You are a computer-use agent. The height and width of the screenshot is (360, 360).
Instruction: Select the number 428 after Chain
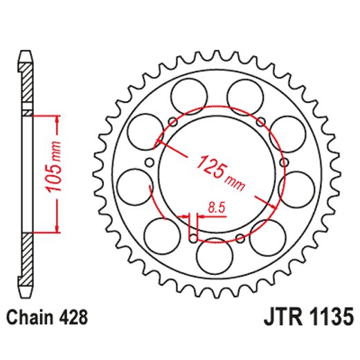pos(73,318)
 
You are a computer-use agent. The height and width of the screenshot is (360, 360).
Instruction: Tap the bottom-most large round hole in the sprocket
pos(211,255)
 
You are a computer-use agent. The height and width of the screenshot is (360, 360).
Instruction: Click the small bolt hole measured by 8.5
pos(192,239)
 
